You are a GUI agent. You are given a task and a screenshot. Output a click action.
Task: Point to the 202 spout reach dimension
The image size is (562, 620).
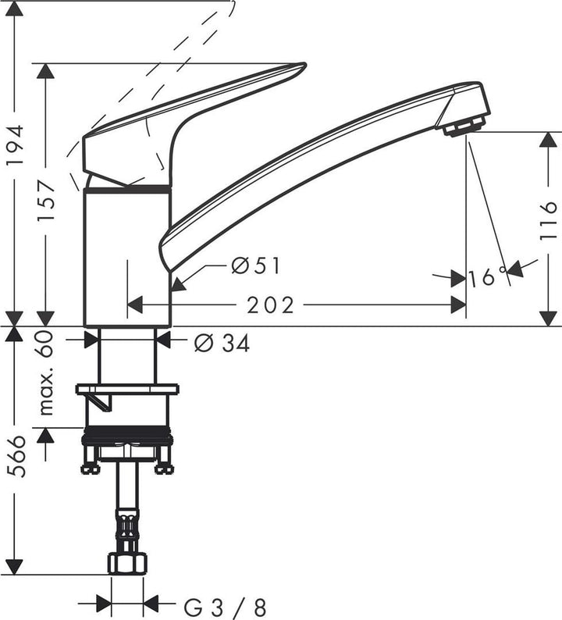[x=271, y=305]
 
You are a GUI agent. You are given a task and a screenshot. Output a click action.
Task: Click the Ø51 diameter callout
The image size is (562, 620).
[x=255, y=266]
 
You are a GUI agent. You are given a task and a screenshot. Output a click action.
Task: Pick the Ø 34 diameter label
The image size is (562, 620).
[x=222, y=342]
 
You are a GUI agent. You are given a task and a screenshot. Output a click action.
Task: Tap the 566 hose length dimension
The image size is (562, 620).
[x=17, y=457]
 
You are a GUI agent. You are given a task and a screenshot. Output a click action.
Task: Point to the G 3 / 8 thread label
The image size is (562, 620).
[x=224, y=605]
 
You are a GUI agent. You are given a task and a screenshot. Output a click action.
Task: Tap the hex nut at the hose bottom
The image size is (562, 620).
[x=127, y=563]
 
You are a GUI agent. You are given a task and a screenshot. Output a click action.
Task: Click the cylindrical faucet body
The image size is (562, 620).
[x=126, y=258]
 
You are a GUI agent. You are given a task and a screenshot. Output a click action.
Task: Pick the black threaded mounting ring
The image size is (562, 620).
[x=127, y=438]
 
